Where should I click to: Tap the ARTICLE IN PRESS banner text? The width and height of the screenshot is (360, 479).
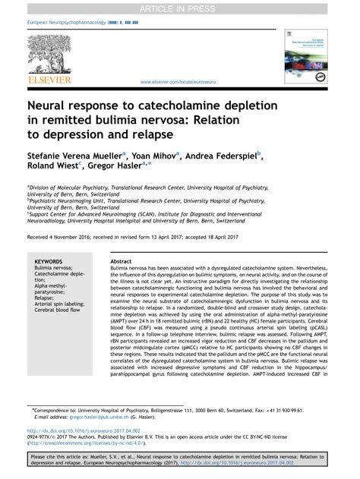tap(179, 7)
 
